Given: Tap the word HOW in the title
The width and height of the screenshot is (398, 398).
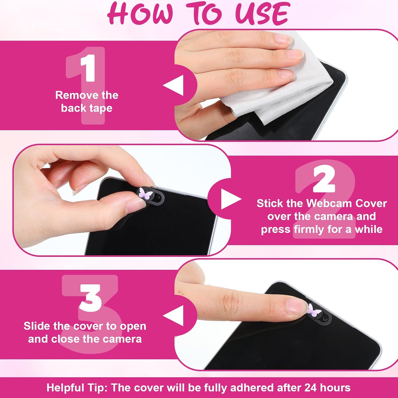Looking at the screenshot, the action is tap(141, 13).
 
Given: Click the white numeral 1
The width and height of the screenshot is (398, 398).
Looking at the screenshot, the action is tap(88, 68).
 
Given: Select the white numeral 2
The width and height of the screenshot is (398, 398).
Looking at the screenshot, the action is tap(324, 178).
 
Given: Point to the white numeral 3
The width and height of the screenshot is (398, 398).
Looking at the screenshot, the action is tap(90, 298).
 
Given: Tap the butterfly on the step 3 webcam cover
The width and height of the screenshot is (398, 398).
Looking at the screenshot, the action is tap(314, 311).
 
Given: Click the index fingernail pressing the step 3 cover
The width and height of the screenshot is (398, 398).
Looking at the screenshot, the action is tap(297, 306).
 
